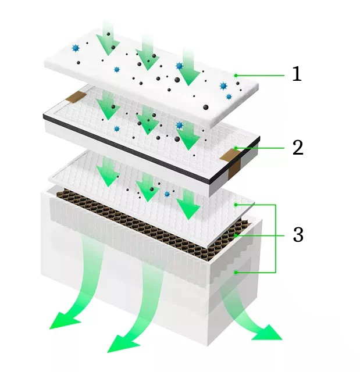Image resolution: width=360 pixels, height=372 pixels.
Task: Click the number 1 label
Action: (x=297, y=74)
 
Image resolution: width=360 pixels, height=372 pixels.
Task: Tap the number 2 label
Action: (x=297, y=148)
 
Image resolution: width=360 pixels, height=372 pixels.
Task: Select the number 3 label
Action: (x=298, y=235)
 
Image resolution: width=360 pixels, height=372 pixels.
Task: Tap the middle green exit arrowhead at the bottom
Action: (x=121, y=342)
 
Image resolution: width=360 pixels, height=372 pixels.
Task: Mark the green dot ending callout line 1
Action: (x=236, y=75)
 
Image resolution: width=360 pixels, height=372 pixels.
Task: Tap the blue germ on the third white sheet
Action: (x=167, y=194)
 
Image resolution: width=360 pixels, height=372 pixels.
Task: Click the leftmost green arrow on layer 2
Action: (x=107, y=105)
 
